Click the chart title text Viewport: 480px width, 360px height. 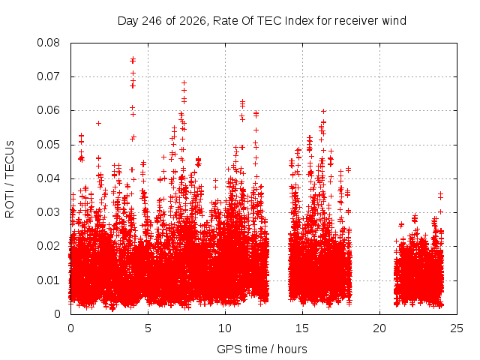[262, 21]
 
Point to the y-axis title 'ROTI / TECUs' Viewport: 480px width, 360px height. [10, 179]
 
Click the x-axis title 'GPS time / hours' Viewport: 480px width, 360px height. [262, 349]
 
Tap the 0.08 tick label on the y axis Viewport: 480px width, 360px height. [48, 43]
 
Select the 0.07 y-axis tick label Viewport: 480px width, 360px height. [48, 76]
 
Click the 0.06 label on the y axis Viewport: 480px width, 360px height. [48, 110]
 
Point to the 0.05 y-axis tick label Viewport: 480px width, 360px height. [48, 145]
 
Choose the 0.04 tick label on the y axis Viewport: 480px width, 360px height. [48, 178]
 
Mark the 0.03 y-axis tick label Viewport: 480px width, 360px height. [48, 212]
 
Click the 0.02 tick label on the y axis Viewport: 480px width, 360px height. [48, 246]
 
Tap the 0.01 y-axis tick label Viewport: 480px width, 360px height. [48, 280]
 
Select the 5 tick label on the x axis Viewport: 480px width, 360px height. [148, 328]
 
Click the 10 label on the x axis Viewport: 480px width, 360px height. [225, 328]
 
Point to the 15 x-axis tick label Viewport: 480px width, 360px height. [302, 328]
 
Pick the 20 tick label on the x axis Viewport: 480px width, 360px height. [379, 328]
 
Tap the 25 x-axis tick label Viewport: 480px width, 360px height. [457, 328]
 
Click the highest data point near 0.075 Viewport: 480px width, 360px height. [133, 59]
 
